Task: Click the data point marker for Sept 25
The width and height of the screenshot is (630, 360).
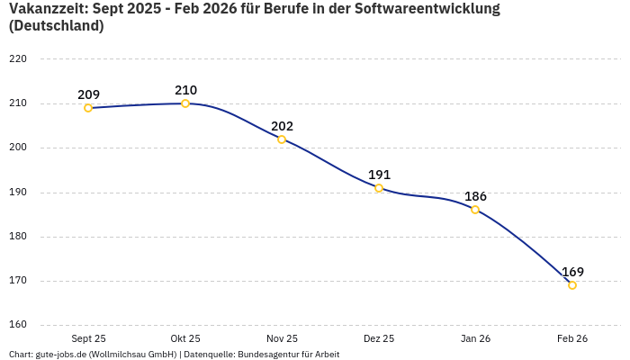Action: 88,108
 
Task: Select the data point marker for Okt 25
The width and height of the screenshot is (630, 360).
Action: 185,103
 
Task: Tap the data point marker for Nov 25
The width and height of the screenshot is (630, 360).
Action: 282,139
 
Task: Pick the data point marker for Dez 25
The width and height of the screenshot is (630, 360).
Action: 379,188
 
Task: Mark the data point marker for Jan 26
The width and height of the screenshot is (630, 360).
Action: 475,210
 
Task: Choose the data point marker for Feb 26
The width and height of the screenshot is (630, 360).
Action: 572,285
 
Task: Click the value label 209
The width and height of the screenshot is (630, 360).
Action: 88,94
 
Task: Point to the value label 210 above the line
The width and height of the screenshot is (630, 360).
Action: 185,90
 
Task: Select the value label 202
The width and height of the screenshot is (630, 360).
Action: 282,126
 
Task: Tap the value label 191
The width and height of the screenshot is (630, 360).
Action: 379,175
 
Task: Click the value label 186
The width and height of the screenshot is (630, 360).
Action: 475,196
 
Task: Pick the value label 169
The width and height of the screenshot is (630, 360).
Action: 572,272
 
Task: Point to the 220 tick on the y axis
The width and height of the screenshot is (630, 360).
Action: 18,59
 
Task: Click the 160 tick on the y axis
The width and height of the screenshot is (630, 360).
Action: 18,325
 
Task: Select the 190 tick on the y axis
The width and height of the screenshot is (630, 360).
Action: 18,193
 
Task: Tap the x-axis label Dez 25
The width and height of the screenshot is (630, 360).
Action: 379,338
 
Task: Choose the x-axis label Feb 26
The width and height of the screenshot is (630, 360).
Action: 572,338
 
